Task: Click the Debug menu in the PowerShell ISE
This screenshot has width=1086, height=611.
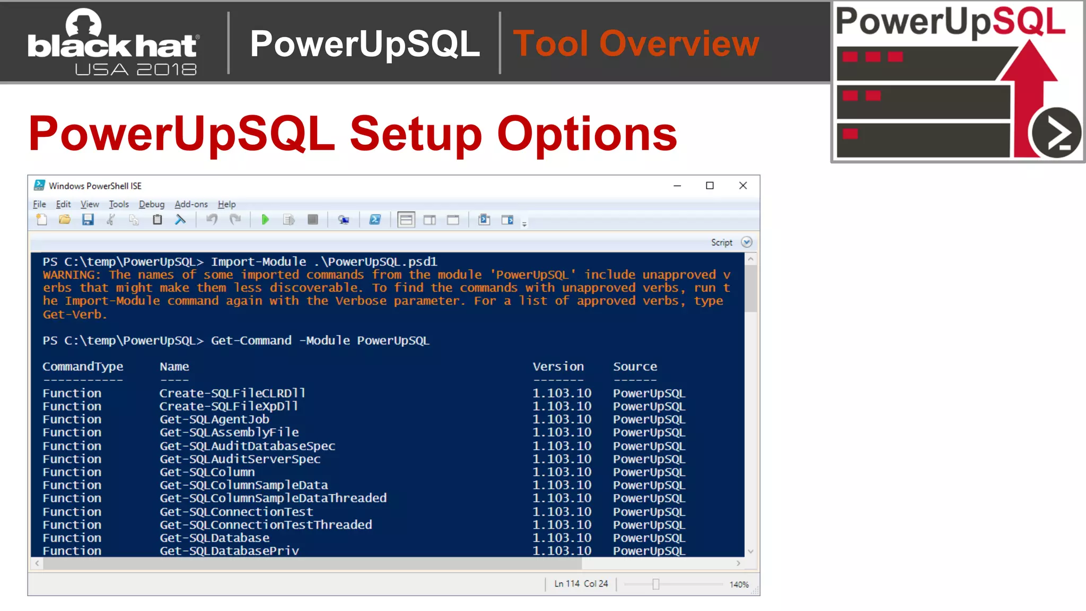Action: [x=152, y=204]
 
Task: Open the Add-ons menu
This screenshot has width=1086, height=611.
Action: [x=191, y=204]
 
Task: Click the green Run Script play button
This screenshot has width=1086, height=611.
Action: [x=265, y=220]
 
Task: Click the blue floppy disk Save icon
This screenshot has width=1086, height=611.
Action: [x=88, y=220]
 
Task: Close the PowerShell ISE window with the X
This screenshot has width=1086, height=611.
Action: [x=743, y=186]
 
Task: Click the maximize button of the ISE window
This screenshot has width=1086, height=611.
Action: [x=710, y=186]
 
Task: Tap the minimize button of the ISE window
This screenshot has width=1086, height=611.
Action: [x=677, y=186]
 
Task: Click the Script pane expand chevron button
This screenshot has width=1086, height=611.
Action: [x=747, y=242]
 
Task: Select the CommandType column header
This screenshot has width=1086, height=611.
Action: [x=83, y=366]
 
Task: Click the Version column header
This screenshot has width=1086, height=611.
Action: [x=558, y=366]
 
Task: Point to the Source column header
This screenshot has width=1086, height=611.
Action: [x=635, y=366]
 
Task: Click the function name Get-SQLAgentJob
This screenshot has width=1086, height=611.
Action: [x=214, y=419]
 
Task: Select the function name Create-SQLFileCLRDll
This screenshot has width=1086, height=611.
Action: [x=232, y=393]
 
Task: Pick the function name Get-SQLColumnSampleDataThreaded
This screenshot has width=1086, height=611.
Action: [x=273, y=498]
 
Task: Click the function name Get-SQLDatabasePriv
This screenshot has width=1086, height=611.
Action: [x=229, y=551]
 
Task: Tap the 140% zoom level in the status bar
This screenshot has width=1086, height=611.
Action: [x=739, y=584]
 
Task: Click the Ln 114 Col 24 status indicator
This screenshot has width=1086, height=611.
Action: [x=581, y=583]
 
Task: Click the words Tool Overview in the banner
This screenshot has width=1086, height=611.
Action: [x=636, y=43]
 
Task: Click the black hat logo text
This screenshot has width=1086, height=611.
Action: [x=112, y=46]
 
